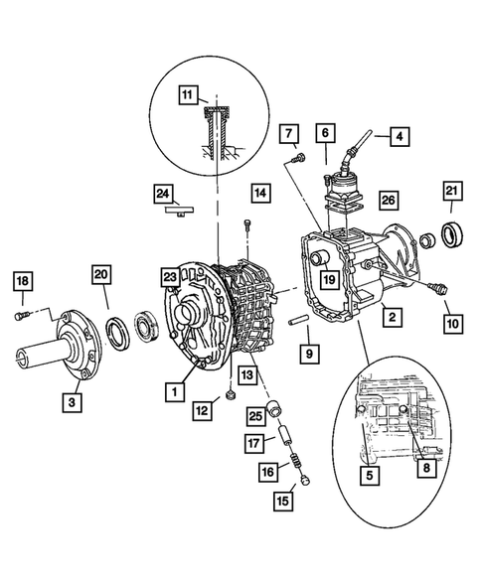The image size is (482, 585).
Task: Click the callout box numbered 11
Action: (x=187, y=95)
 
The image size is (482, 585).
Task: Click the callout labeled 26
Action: (x=387, y=201)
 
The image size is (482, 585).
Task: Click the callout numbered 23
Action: (x=170, y=278)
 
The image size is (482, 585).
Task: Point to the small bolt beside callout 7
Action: (x=296, y=157)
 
